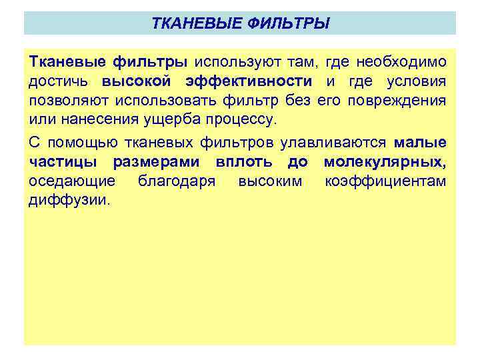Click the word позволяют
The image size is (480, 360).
(x=69, y=101)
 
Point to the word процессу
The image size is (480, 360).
(x=223, y=120)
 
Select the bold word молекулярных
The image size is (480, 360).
(x=385, y=162)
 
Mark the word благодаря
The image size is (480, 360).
(x=175, y=181)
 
